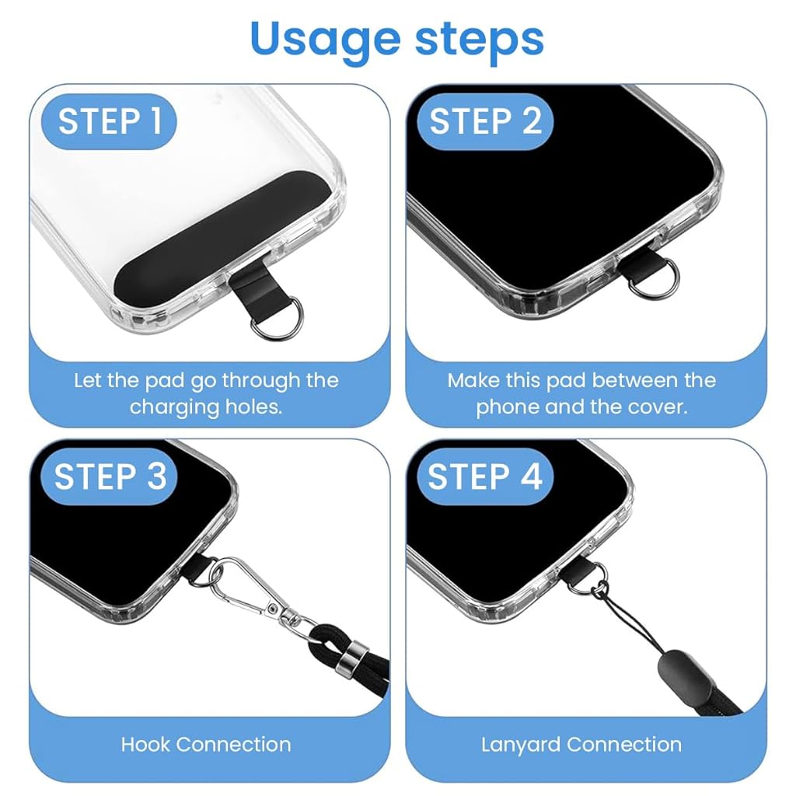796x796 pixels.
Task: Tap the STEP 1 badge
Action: coord(110,122)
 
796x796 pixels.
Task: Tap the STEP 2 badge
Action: coord(486,122)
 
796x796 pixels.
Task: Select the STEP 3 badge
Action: coord(110,477)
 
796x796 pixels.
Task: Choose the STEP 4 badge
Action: coord(486,477)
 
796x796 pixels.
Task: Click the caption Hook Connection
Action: coord(206,744)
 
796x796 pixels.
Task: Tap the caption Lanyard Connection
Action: coord(581,744)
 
